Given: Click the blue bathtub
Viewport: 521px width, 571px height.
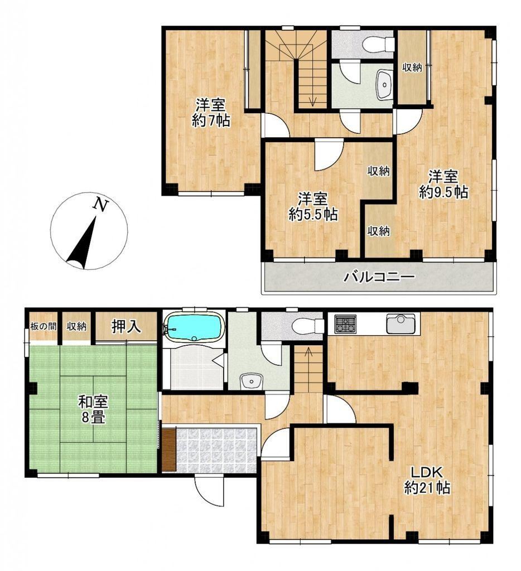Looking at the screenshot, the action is [193, 327].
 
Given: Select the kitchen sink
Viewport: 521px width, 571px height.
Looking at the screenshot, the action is [401, 323].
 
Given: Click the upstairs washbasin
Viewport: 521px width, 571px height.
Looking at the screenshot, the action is [384, 85].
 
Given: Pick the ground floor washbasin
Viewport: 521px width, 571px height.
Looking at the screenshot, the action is [252, 381].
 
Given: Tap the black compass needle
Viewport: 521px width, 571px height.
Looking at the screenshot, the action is [81, 244].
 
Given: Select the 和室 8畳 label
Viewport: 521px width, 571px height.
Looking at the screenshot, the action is [93, 410].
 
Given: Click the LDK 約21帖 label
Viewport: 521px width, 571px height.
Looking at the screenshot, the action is [427, 480].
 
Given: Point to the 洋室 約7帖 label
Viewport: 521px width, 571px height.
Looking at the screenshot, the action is [210, 113].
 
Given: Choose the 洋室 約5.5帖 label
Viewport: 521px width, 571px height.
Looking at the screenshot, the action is [312, 206].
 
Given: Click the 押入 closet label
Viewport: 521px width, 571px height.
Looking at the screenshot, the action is [126, 326].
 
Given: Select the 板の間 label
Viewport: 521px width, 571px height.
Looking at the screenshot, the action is [44, 326].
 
